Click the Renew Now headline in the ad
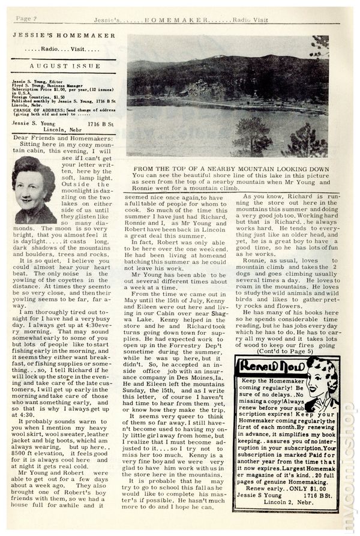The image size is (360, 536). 266,366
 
